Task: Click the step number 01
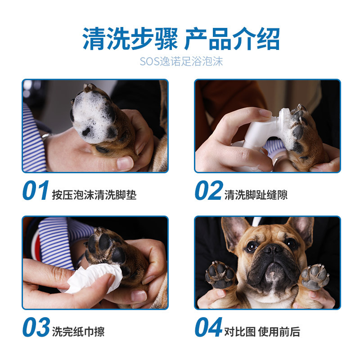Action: pyautogui.click(x=36, y=190)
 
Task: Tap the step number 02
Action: pyautogui.click(x=209, y=190)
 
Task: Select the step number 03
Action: pyautogui.click(x=36, y=327)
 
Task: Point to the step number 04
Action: pyautogui.click(x=209, y=327)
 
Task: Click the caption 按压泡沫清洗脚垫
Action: pyautogui.click(x=94, y=195)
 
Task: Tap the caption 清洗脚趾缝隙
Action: pyautogui.click(x=256, y=195)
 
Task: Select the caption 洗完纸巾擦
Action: pyautogui.click(x=78, y=332)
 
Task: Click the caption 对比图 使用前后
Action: pyautogui.click(x=262, y=332)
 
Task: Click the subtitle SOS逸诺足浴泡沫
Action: pyautogui.click(x=181, y=62)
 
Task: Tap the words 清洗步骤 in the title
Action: pyautogui.click(x=130, y=39)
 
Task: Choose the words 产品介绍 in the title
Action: pyautogui.click(x=232, y=39)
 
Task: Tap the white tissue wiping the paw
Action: pyautogui.click(x=92, y=278)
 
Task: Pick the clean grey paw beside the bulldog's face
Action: pyautogui.click(x=315, y=277)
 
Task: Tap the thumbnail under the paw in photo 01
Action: pyautogui.click(x=125, y=163)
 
